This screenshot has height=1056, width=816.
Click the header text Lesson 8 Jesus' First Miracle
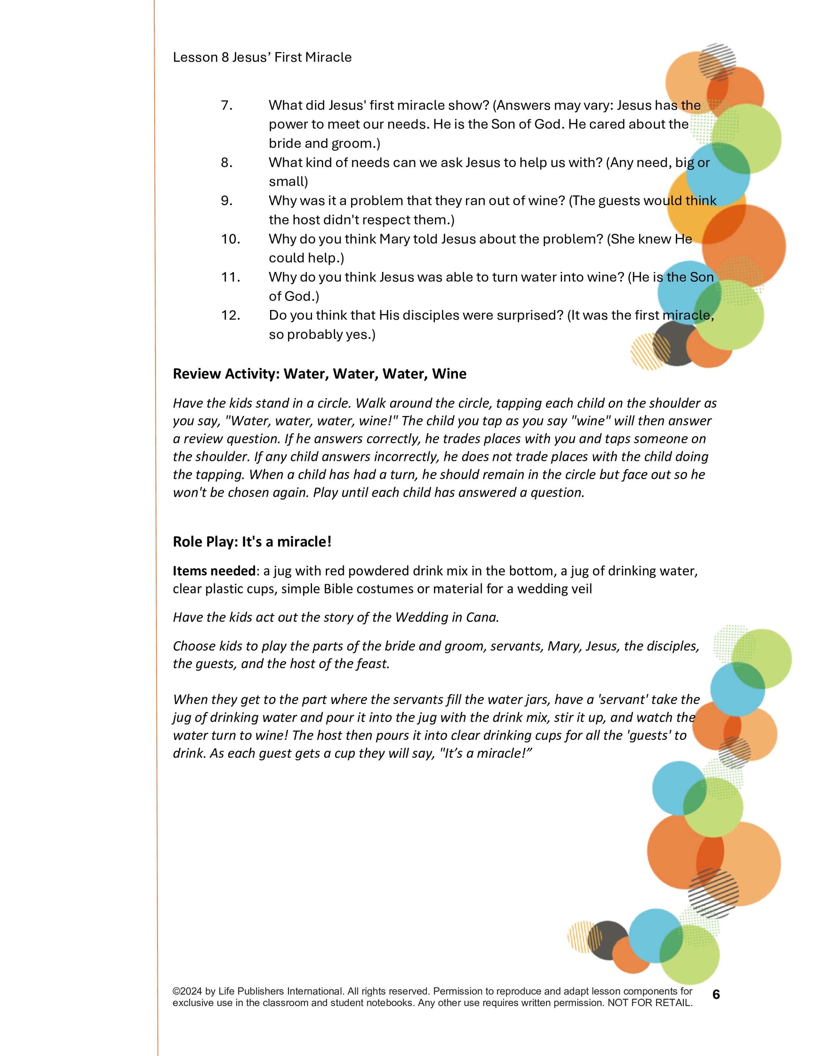point(262,57)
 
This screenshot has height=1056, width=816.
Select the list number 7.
point(227,105)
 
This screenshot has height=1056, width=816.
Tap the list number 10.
point(231,239)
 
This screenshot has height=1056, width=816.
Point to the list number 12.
point(231,315)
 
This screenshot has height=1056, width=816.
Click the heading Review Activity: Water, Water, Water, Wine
point(320,374)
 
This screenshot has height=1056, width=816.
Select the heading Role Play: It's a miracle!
point(252,541)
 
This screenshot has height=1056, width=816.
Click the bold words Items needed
point(214,571)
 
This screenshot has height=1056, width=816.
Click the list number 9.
point(227,200)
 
